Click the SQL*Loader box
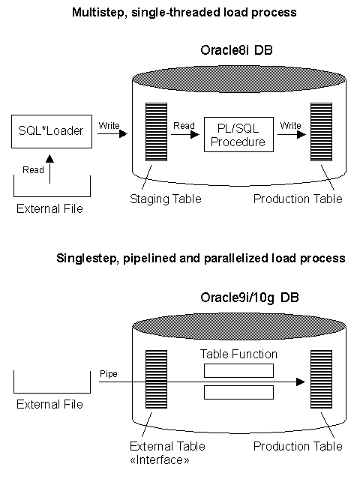pos(50,131)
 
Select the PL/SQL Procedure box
pos(236,136)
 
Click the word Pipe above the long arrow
pos(109,373)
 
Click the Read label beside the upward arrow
pos(33,170)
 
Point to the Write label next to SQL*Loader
pos(109,126)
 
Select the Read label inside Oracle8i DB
pos(184,126)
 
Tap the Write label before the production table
pos(289,126)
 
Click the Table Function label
pos(238,354)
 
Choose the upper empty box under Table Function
pos(238,370)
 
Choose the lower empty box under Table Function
pos(238,392)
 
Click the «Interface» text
pos(159,460)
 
